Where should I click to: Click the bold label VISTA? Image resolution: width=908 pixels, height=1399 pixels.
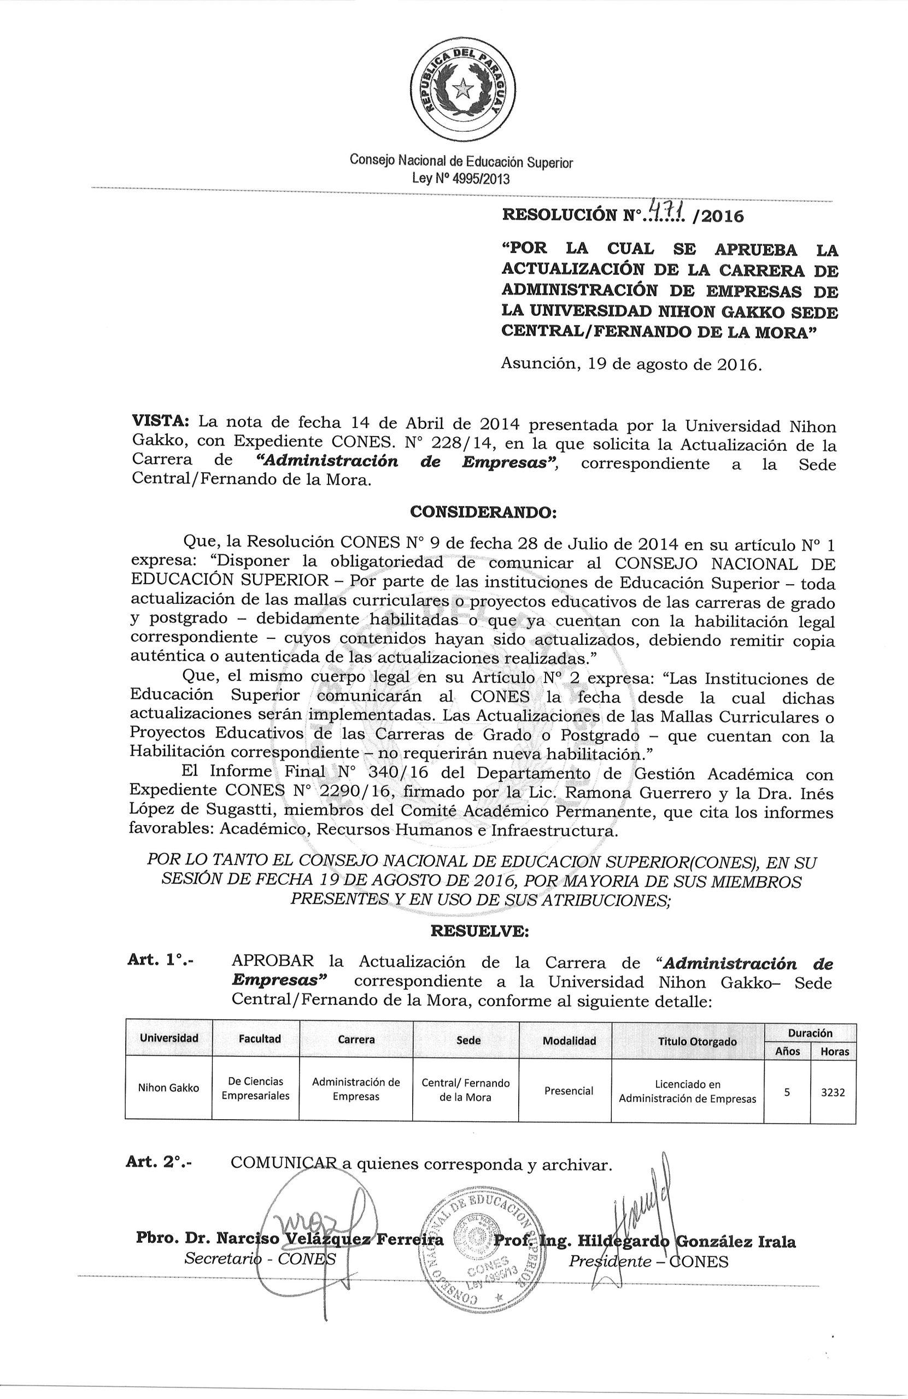(x=160, y=421)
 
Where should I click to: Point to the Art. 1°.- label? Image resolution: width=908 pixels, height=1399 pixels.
(x=161, y=961)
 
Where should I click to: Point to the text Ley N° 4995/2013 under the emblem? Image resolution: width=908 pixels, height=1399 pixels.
(x=461, y=179)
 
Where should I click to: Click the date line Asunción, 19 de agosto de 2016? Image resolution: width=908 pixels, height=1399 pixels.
(x=631, y=364)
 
